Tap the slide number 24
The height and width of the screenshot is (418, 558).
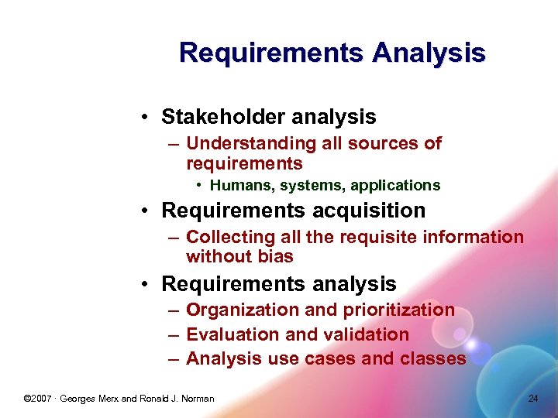[x=532, y=399]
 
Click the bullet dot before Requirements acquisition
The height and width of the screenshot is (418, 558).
[x=146, y=211]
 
